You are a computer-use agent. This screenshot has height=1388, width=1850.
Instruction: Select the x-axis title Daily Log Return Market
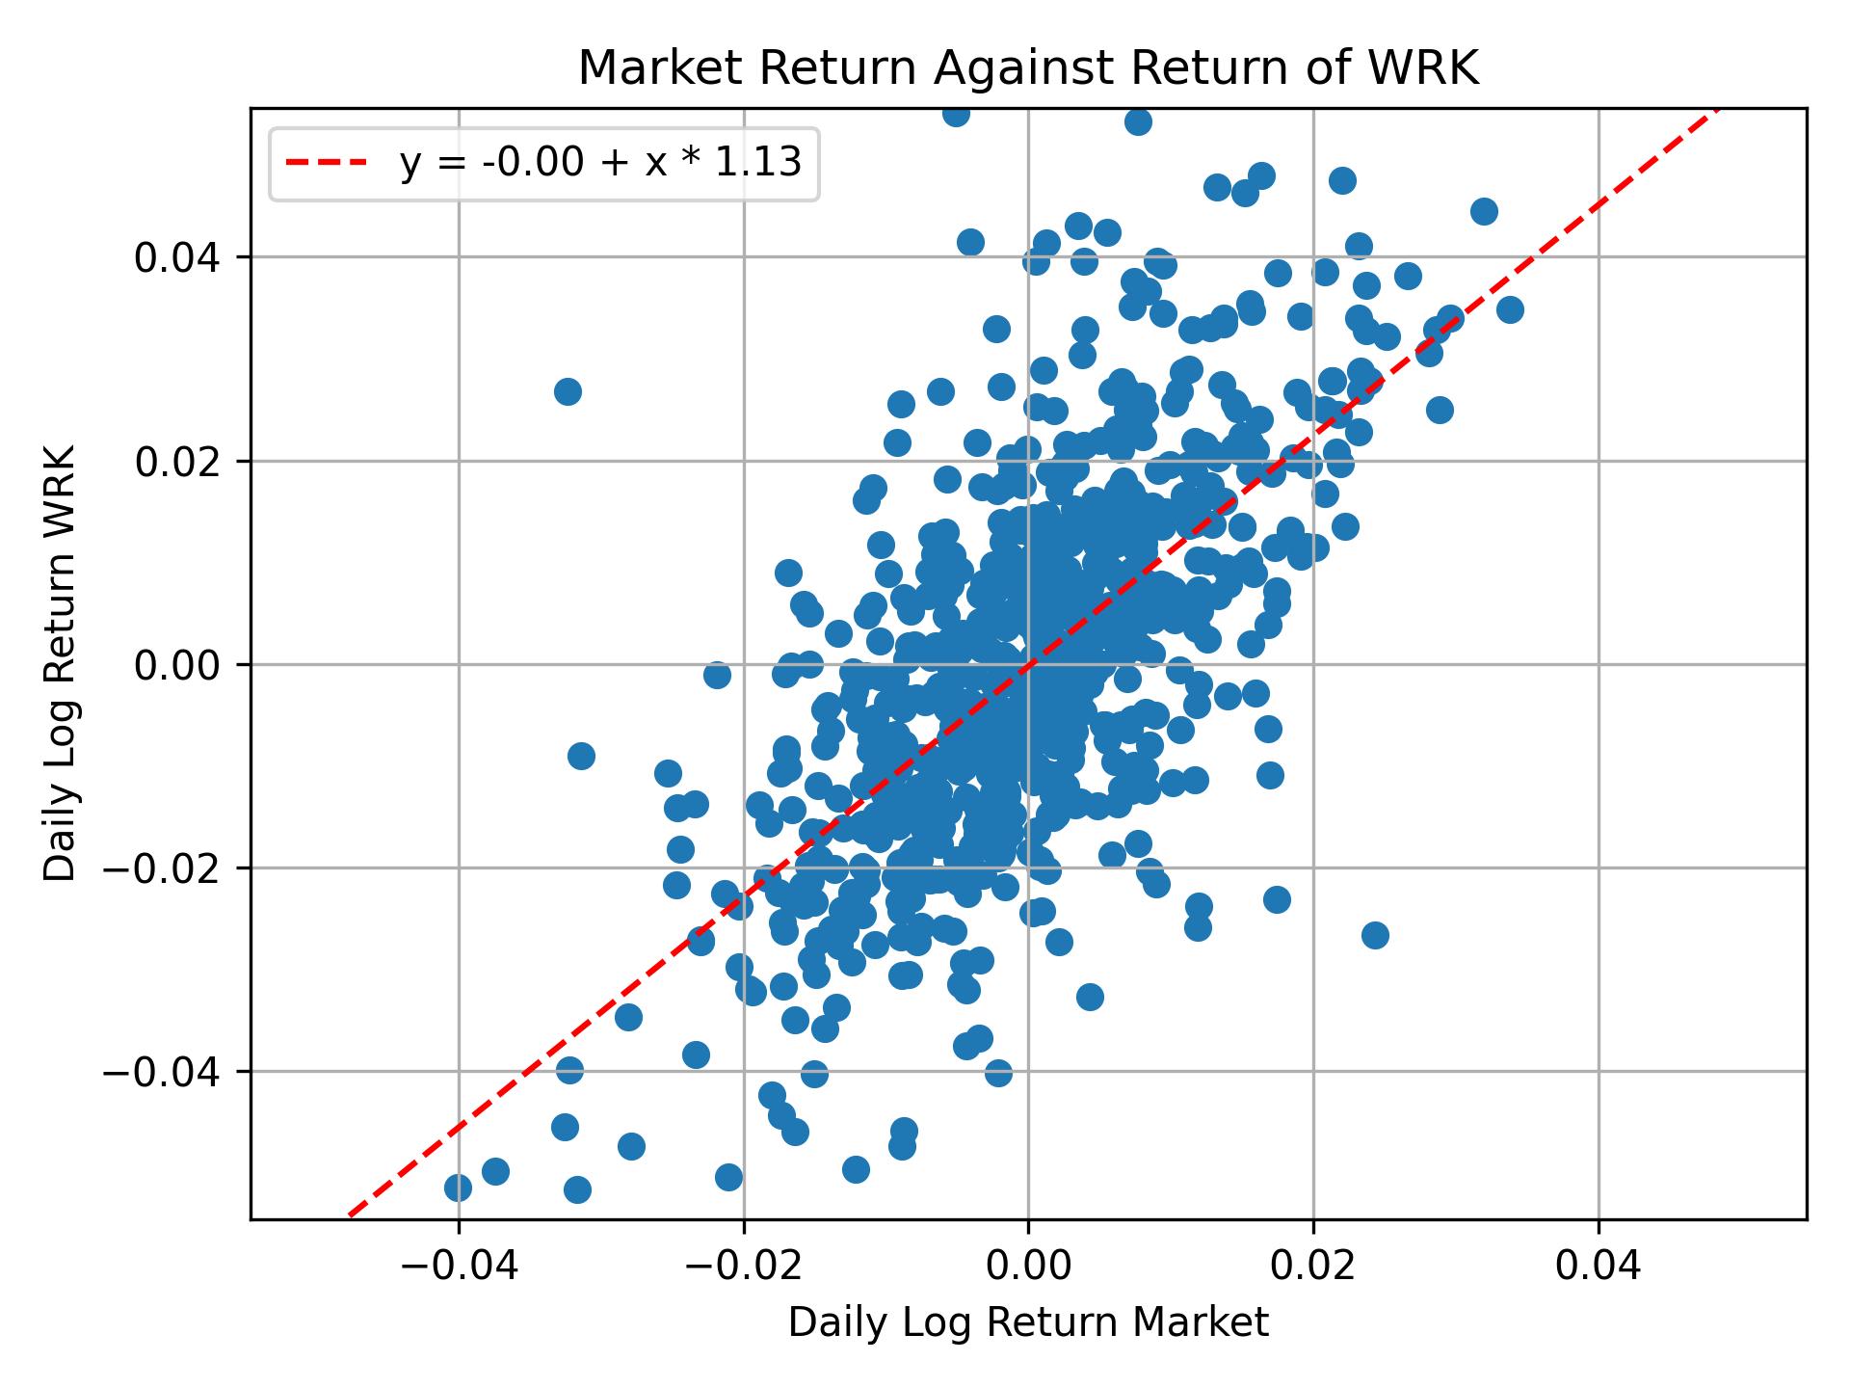pos(1028,1323)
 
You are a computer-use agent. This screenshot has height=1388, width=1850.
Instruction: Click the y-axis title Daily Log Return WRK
pos(60,663)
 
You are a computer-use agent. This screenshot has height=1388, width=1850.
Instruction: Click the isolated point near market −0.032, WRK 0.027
pos(568,391)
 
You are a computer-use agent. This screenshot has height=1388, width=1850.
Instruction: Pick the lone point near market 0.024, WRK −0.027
pos(1375,935)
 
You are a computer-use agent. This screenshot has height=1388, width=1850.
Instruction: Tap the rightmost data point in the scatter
pos(1510,309)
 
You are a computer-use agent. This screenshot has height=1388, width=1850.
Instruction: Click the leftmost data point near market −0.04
pos(458,1188)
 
